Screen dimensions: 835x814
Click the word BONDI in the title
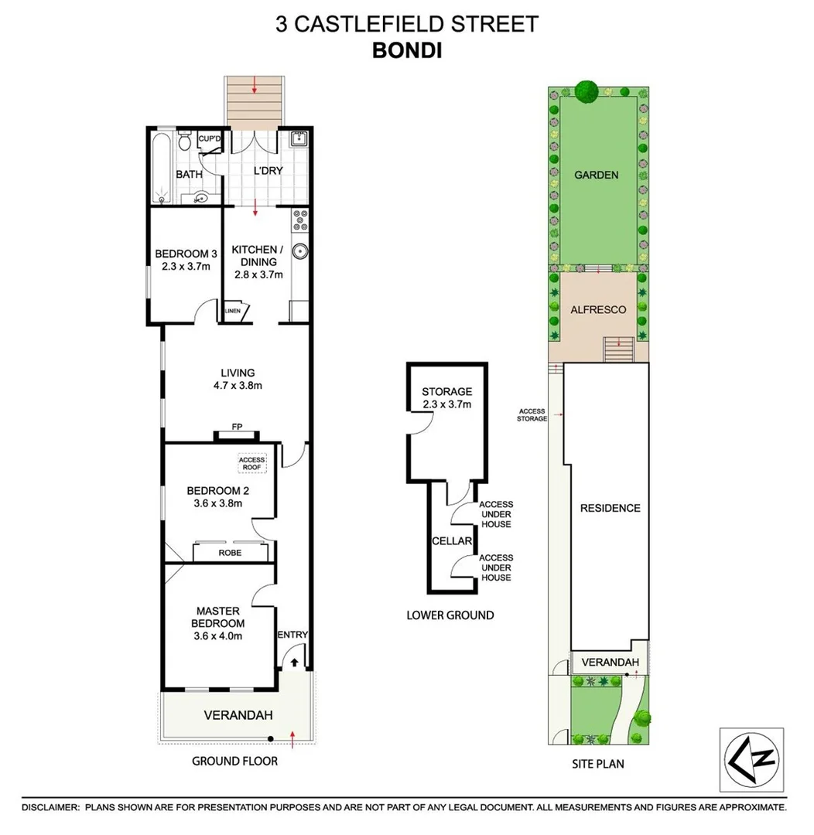pyautogui.click(x=407, y=49)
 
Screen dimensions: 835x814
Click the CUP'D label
pyautogui.click(x=210, y=140)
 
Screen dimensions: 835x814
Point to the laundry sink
pyautogui.click(x=299, y=141)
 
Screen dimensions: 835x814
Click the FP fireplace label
pyautogui.click(x=238, y=426)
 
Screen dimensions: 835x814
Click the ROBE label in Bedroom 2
pyautogui.click(x=230, y=553)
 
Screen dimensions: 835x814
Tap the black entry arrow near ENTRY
pyautogui.click(x=295, y=662)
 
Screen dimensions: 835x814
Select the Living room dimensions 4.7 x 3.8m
pyautogui.click(x=237, y=387)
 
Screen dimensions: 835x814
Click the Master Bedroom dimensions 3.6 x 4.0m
pyautogui.click(x=220, y=636)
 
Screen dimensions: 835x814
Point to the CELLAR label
pyautogui.click(x=451, y=541)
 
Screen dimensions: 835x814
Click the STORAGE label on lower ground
pyautogui.click(x=446, y=392)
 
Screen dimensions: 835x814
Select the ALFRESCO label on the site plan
pyautogui.click(x=597, y=309)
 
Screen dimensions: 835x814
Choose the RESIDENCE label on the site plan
pyautogui.click(x=610, y=508)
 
